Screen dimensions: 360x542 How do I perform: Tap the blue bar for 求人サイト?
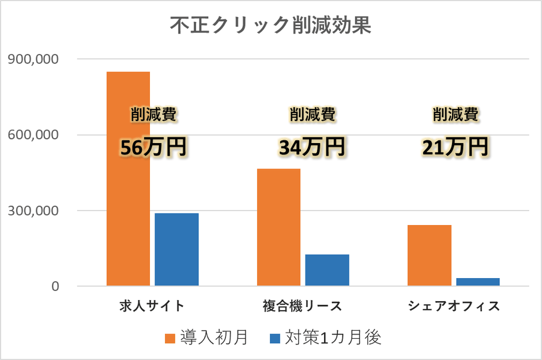[176, 249]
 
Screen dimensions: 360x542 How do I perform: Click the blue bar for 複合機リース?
[327, 269]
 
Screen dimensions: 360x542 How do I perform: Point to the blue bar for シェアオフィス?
[477, 282]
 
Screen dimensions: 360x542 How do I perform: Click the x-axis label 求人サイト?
[152, 305]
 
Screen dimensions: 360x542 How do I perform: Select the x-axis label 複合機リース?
[303, 305]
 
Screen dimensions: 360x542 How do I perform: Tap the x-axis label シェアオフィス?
[454, 305]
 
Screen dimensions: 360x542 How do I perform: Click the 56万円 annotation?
[153, 148]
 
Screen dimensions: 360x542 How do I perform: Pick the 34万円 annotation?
[312, 148]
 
